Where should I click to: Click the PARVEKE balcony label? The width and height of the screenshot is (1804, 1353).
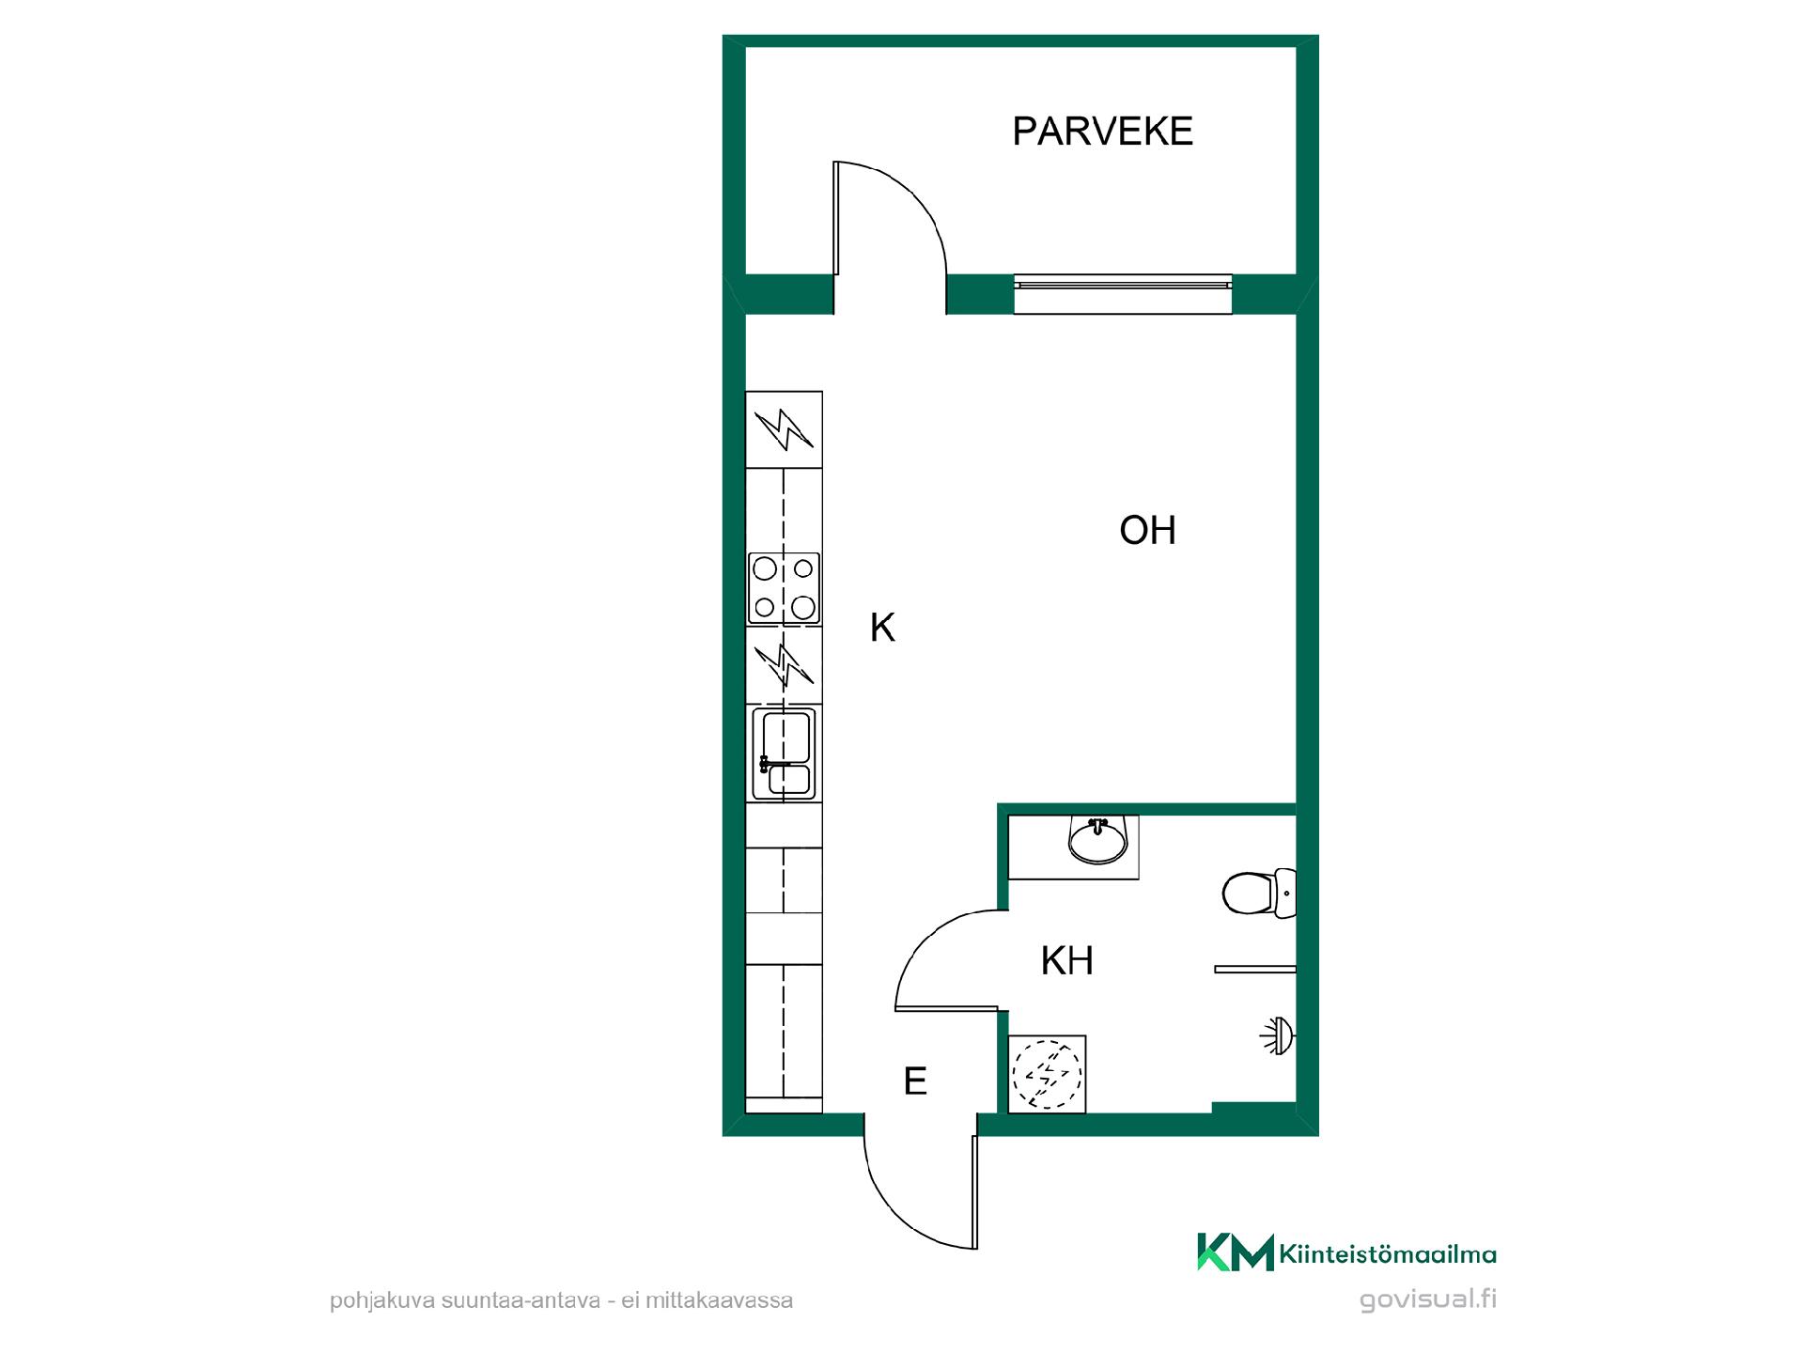point(1102,132)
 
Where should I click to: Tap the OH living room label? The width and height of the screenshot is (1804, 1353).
point(1147,531)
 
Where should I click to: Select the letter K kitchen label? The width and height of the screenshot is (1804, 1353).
point(882,628)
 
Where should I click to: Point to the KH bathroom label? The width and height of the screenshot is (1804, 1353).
point(1067,961)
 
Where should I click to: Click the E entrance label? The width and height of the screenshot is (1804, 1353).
point(915,1081)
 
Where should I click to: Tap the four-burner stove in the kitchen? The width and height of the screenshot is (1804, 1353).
point(784,588)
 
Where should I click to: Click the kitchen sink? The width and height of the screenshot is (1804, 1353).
point(783,754)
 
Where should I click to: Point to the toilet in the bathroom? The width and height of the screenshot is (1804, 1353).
point(1259,893)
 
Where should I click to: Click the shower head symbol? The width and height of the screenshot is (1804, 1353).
point(1278,1036)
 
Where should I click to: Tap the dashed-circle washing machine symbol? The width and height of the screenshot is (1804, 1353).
point(1047,1074)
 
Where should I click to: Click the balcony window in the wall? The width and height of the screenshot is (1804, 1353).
point(1123,294)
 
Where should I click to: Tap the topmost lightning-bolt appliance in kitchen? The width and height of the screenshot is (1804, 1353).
point(784,430)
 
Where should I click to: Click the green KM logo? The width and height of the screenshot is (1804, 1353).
point(1235,1252)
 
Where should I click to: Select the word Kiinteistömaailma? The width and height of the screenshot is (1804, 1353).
point(1388,1254)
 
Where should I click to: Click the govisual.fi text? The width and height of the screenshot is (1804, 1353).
point(1428,1300)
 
